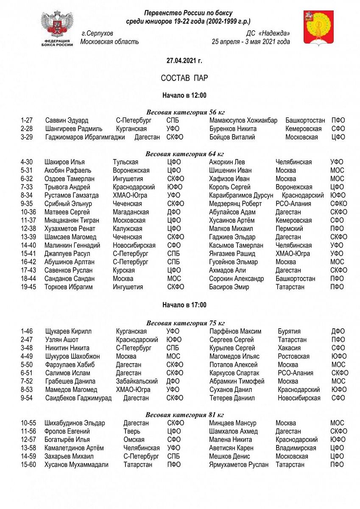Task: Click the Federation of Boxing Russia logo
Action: click(57, 29)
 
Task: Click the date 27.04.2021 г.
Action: click(184, 61)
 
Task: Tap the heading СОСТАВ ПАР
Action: click(184, 78)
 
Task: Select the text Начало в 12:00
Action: click(184, 95)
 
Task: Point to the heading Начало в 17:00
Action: click(184, 305)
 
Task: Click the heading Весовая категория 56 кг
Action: click(185, 112)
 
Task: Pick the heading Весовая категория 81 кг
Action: click(184, 415)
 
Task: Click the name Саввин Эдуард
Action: click(65, 120)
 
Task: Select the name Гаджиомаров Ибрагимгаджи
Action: click(85, 137)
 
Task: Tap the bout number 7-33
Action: click(28, 187)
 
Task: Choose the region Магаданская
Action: click(131, 212)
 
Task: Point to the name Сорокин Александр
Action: click(237, 279)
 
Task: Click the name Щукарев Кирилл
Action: click(68, 331)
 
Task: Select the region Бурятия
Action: click(289, 331)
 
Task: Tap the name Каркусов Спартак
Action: click(234, 373)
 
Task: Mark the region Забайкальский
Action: click(137, 381)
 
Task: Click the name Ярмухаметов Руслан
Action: click(239, 465)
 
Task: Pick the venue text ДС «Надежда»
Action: click(268, 34)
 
